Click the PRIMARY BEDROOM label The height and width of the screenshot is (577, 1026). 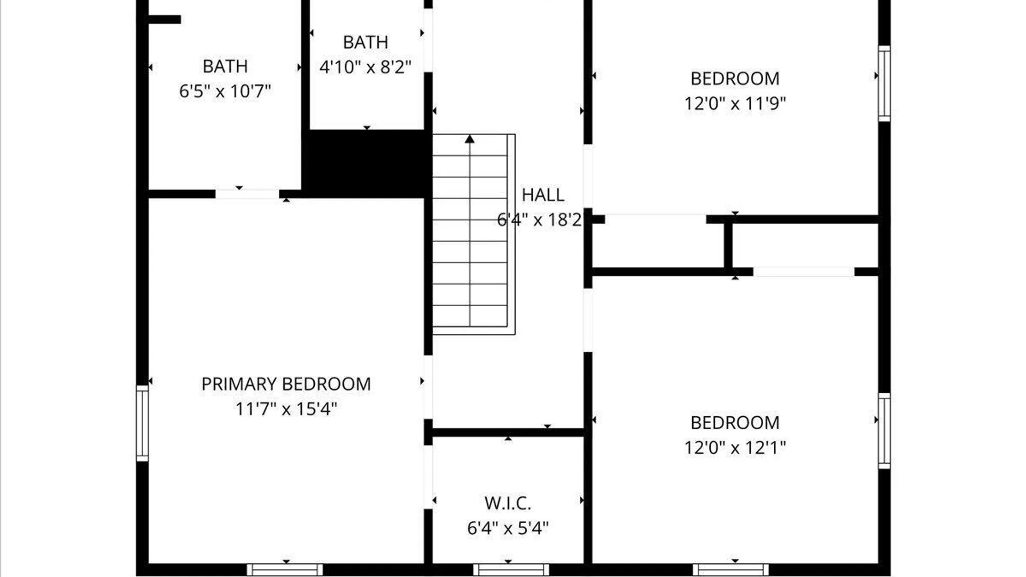tap(286, 384)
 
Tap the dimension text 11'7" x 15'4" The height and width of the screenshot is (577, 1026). tap(286, 409)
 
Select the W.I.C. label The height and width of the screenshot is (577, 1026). tap(508, 503)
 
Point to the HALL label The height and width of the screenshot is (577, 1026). tap(543, 195)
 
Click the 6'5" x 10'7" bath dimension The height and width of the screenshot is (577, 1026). tap(225, 91)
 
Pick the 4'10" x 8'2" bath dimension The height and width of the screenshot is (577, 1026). tap(366, 67)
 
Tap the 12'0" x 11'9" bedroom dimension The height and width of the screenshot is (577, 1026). tap(735, 103)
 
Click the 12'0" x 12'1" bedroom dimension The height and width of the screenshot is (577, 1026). tap(735, 448)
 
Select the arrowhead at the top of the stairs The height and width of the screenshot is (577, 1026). tap(470, 139)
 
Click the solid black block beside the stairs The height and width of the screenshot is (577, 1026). tap(367, 163)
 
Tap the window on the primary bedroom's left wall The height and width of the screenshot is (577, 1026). tap(142, 423)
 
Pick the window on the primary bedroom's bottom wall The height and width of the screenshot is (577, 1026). tap(285, 570)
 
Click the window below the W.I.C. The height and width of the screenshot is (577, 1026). tap(511, 570)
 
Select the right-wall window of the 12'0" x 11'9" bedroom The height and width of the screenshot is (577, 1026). tap(884, 83)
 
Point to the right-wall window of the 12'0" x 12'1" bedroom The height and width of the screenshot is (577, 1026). tap(884, 431)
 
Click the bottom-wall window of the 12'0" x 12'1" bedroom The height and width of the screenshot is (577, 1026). tap(730, 570)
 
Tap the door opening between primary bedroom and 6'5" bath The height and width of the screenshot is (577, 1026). tap(247, 194)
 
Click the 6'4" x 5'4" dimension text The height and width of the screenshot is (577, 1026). tap(508, 528)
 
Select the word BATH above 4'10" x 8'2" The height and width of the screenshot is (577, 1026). tap(366, 42)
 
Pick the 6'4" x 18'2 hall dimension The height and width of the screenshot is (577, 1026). tap(539, 220)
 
